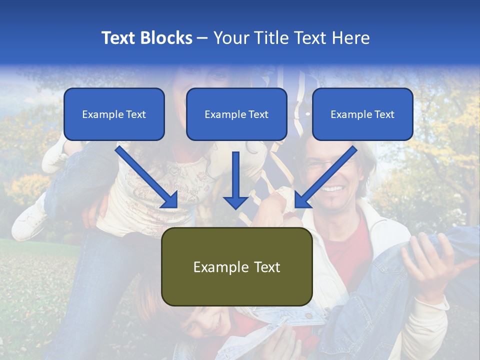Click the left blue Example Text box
pyautogui.click(x=114, y=114)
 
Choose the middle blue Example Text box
pyautogui.click(x=236, y=114)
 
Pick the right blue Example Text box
pyautogui.click(x=362, y=114)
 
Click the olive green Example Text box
pyautogui.click(x=236, y=266)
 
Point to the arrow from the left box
pyautogui.click(x=147, y=177)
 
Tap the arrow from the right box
pyautogui.click(x=325, y=177)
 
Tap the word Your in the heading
pyautogui.click(x=229, y=38)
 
